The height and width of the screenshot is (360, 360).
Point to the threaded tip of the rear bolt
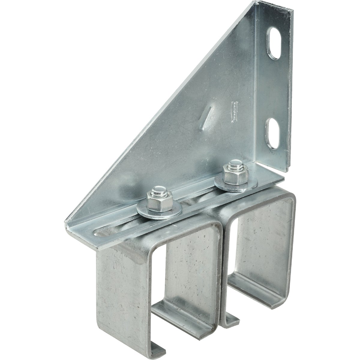(x=231, y=165)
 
